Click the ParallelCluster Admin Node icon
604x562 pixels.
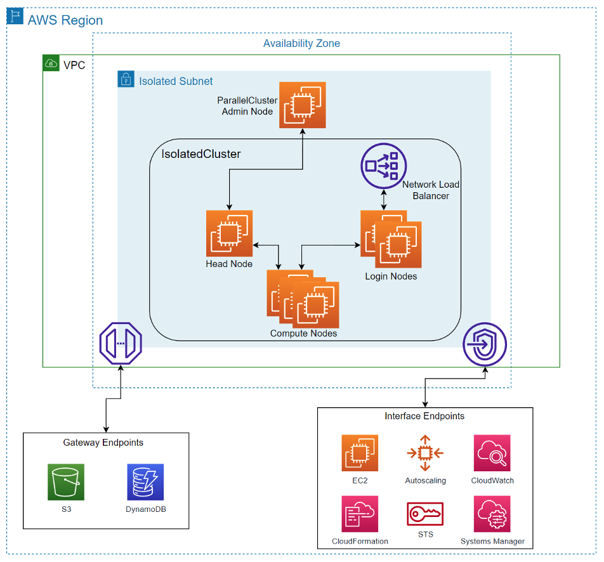pyautogui.click(x=303, y=105)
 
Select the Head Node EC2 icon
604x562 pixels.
pyautogui.click(x=229, y=233)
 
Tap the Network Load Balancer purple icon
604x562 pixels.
pyautogui.click(x=383, y=166)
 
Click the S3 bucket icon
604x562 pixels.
pyautogui.click(x=65, y=482)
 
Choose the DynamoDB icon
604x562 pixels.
pyautogui.click(x=145, y=482)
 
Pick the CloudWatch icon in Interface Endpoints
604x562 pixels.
pyautogui.click(x=492, y=453)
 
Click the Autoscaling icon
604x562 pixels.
pyautogui.click(x=425, y=453)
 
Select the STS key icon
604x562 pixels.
pyautogui.click(x=425, y=513)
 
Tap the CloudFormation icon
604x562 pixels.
pyautogui.click(x=360, y=514)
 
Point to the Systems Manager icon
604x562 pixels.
pyautogui.click(x=492, y=514)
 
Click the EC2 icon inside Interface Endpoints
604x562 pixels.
pyautogui.click(x=360, y=453)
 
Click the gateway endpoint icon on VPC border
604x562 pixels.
pyautogui.click(x=121, y=343)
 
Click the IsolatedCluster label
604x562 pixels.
pyautogui.click(x=201, y=154)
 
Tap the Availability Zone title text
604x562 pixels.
pyautogui.click(x=301, y=44)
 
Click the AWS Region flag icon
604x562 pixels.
pyautogui.click(x=15, y=16)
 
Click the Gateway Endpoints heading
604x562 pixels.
pyautogui.click(x=103, y=443)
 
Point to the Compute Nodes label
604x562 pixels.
pyautogui.click(x=303, y=334)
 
